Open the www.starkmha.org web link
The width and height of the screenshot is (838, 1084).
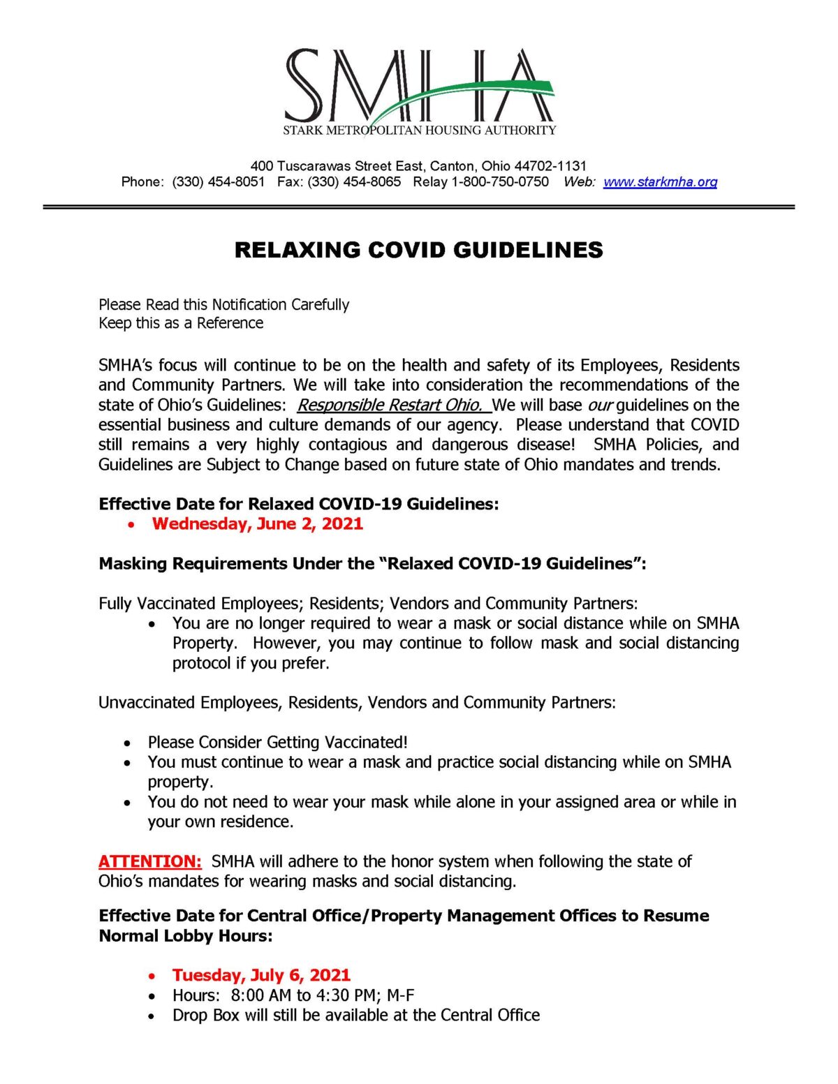coord(660,182)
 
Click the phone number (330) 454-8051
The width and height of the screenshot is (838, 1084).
coord(219,182)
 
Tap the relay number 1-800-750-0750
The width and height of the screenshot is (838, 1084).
coord(500,182)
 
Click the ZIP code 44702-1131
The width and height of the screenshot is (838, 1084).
coord(550,166)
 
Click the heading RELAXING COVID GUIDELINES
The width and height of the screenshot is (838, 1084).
coord(418,250)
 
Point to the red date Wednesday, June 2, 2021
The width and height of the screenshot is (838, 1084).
coord(257,524)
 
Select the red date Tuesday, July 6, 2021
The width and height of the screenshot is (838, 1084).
coord(261,975)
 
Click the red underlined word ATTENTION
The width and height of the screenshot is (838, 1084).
coord(149,861)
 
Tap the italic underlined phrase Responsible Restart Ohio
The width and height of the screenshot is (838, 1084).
coord(390,406)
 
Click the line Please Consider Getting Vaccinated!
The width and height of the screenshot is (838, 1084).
coord(277,742)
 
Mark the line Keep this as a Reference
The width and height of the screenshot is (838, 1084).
coord(181,323)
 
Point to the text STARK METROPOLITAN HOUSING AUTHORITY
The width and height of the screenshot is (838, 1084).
coord(419,131)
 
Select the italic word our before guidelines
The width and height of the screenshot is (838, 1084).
coord(599,406)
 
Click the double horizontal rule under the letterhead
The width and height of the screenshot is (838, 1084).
coord(419,207)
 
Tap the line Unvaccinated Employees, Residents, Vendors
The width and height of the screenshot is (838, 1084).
coord(357,702)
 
